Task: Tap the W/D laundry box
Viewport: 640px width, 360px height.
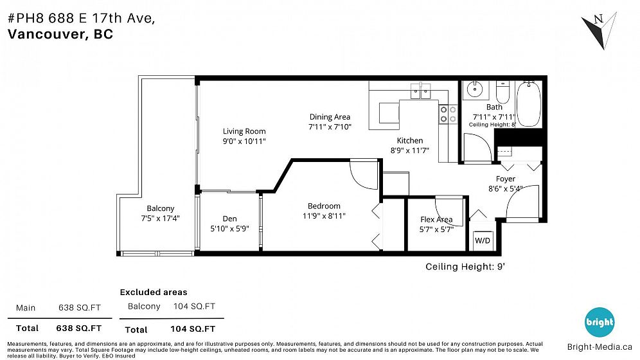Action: [x=483, y=240]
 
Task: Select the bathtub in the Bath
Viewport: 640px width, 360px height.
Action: [x=529, y=104]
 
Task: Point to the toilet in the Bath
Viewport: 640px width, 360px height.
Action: [x=502, y=92]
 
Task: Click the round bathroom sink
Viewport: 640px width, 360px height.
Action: [x=475, y=89]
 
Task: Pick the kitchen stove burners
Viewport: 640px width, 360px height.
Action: [x=448, y=114]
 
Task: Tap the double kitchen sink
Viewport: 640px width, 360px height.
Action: [x=420, y=91]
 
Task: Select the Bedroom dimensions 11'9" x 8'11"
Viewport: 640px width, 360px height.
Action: [x=324, y=216]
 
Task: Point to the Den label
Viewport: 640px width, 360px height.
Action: [x=230, y=219]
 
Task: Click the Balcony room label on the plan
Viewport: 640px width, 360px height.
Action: [x=161, y=208]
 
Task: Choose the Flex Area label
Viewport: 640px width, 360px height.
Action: [x=436, y=220]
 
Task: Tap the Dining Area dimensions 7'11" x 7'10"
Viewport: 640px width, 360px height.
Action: [x=330, y=127]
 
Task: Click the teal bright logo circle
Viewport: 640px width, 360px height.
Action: [x=600, y=322]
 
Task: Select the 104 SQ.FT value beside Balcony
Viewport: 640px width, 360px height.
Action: [x=194, y=306]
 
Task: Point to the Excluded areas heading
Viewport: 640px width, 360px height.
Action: [x=154, y=292]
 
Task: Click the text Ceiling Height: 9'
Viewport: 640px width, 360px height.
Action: [x=465, y=267]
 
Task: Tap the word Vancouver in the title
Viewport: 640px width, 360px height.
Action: [x=46, y=34]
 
